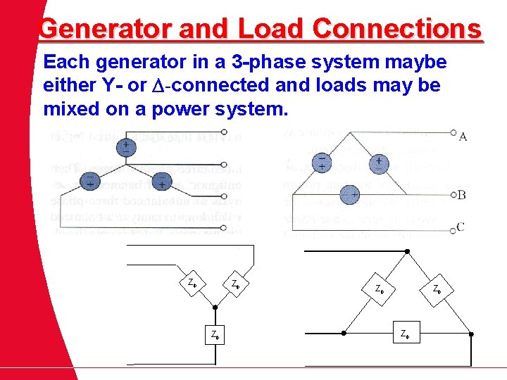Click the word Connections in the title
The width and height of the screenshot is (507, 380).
pos(397,29)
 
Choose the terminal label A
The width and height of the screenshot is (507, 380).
pos(463,136)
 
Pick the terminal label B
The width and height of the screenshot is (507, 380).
pos(461,194)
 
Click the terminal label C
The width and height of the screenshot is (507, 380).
pos(461,226)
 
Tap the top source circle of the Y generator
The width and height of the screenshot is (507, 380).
pos(127,147)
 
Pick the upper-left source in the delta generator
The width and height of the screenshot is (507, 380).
pos(322,163)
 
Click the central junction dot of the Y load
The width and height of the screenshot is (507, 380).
pos(215,308)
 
